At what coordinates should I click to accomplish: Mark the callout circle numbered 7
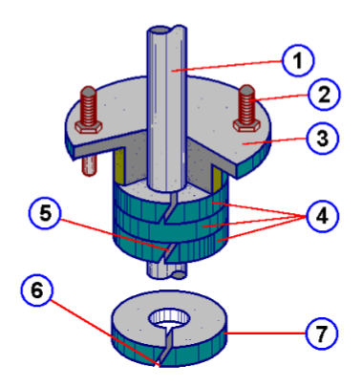click(320, 335)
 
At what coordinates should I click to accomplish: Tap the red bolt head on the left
click(88, 100)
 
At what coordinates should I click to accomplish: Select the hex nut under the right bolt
click(243, 124)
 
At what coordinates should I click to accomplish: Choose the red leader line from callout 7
click(267, 334)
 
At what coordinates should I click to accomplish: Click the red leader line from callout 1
click(229, 69)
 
